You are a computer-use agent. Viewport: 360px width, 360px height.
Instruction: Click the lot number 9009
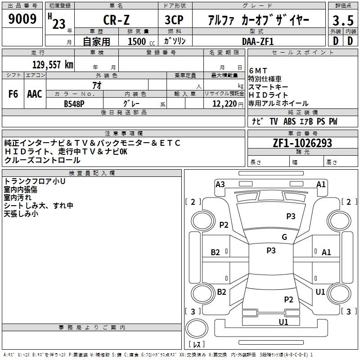22,19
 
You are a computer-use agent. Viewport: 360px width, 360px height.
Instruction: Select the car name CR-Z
115,20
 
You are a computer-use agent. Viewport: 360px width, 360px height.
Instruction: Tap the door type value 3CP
175,20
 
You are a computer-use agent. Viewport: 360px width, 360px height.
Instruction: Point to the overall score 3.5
342,21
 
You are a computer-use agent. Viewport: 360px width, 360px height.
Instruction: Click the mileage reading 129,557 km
53,64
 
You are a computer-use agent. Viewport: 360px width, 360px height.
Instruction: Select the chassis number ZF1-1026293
303,143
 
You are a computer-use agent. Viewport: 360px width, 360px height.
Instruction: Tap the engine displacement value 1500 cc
139,41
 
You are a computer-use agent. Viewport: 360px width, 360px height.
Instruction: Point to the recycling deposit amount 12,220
225,103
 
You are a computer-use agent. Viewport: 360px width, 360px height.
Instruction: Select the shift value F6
13,94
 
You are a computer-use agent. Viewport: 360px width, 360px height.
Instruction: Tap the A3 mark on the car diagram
220,184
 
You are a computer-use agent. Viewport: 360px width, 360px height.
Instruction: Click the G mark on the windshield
284,237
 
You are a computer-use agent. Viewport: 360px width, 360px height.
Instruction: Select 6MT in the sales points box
258,71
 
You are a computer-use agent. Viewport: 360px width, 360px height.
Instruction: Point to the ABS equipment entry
289,121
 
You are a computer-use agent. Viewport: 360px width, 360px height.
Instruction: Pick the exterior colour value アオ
96,85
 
